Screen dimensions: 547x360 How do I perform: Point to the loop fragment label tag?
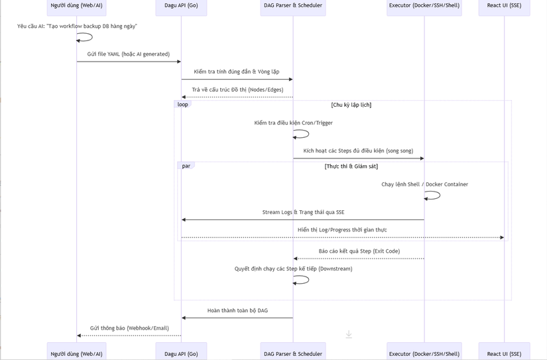click(x=183, y=104)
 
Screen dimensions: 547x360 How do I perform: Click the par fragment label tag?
click(x=186, y=166)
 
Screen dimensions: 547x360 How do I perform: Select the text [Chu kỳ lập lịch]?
click(x=351, y=105)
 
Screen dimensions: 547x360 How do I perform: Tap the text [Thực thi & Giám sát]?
click(x=351, y=166)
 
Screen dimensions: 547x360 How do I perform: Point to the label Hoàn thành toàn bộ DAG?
click(x=237, y=310)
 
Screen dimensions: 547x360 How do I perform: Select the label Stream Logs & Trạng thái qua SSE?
click(x=304, y=212)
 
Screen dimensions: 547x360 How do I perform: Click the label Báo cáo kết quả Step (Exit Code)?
click(x=359, y=251)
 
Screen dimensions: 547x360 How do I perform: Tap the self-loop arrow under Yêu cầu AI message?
click(x=92, y=37)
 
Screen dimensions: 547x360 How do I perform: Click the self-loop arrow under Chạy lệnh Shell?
click(x=440, y=196)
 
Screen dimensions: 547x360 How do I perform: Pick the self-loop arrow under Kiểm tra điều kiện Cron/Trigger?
click(x=308, y=134)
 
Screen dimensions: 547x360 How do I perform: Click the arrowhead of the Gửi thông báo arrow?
click(x=79, y=335)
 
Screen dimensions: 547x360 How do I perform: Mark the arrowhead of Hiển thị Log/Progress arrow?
click(x=502, y=237)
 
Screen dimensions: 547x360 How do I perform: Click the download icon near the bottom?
click(x=349, y=335)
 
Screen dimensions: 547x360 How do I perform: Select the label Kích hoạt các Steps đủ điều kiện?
click(x=358, y=150)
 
